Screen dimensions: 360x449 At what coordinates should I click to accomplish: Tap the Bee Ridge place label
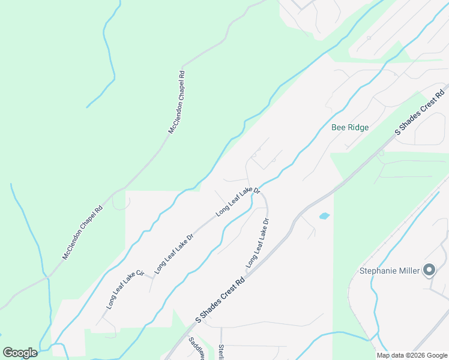[350, 128]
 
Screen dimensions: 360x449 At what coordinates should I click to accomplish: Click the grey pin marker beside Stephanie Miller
[429, 270]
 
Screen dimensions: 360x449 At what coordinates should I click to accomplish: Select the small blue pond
[324, 215]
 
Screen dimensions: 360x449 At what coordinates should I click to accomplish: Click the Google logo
[20, 353]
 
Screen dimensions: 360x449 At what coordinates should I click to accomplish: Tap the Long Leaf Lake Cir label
[125, 290]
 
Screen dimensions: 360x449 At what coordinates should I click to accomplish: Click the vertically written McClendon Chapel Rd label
[176, 102]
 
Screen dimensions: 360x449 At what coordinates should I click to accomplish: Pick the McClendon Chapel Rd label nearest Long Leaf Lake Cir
[83, 233]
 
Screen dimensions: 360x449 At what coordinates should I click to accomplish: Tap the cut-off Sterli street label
[221, 352]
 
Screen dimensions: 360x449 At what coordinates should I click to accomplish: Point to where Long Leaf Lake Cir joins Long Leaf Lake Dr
[151, 278]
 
